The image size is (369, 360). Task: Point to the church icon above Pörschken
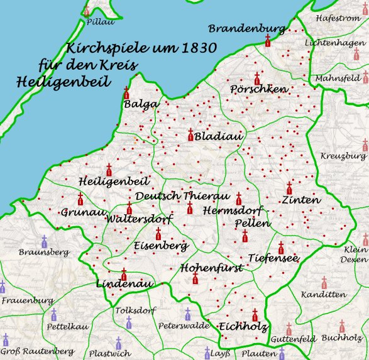coord(256,79)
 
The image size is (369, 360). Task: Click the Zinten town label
coord(301,200)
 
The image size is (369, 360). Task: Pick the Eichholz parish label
coord(243,327)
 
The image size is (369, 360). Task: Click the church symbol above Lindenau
coord(124,274)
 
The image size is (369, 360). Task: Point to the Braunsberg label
coord(43,252)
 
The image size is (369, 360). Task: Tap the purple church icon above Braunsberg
coord(44,241)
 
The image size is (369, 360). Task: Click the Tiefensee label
coord(272,258)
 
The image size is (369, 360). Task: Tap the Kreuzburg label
coord(343,156)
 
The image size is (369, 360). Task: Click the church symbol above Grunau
coord(80,200)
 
